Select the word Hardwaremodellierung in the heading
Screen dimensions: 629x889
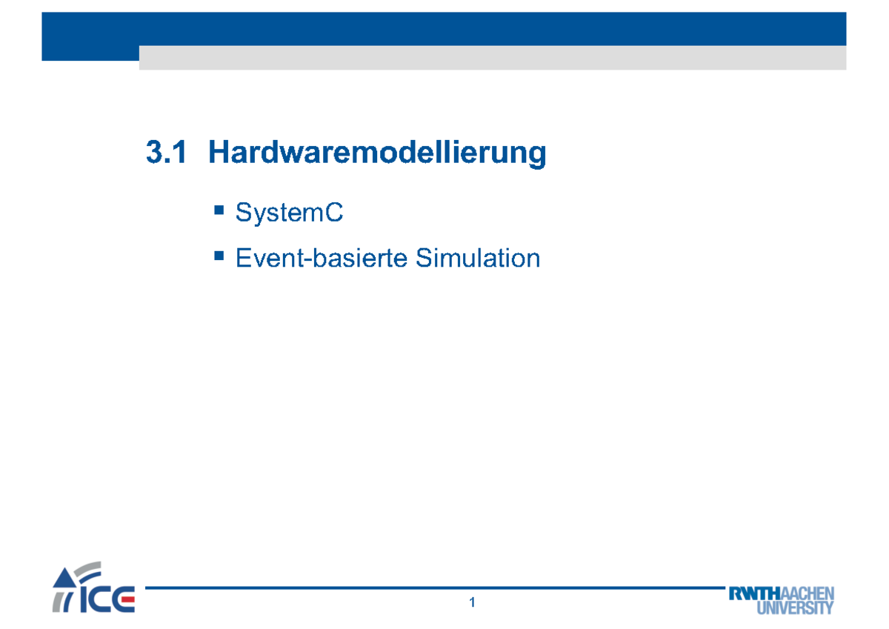click(377, 153)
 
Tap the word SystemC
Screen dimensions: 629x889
click(289, 213)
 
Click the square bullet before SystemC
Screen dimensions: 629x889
click(219, 211)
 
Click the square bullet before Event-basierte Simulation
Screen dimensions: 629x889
click(219, 256)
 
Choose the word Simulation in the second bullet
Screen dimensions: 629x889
click(477, 258)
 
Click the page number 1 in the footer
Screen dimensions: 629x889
click(471, 604)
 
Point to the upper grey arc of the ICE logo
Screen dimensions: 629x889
click(87, 568)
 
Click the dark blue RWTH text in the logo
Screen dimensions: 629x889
click(756, 594)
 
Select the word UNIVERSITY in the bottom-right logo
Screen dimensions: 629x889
click(795, 608)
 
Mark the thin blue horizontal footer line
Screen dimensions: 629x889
click(430, 588)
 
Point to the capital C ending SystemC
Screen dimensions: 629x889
click(335, 213)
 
